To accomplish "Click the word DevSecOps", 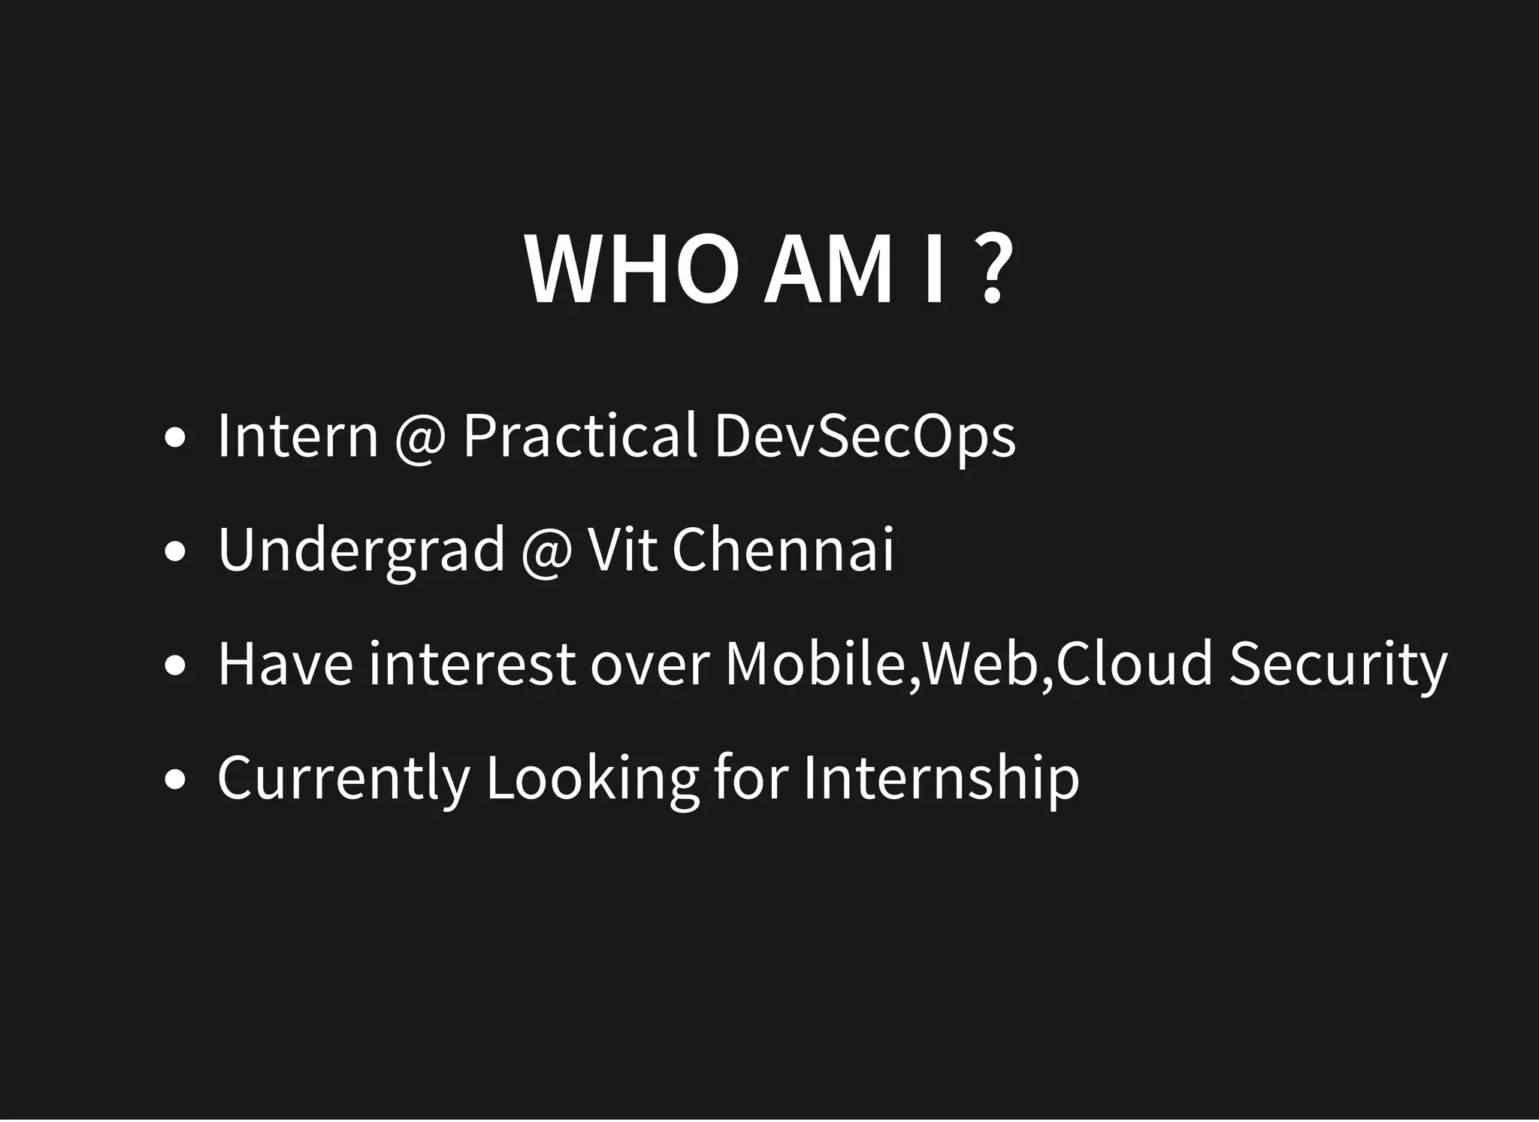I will pyautogui.click(x=865, y=437).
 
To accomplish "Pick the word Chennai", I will pyautogui.click(x=782, y=550).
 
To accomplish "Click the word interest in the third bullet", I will pyautogui.click(x=472, y=664).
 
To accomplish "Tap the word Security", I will pyautogui.click(x=1338, y=665).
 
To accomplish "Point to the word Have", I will pyautogui.click(x=285, y=664).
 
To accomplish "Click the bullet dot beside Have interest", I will pyautogui.click(x=174, y=667).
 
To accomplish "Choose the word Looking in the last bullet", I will pyautogui.click(x=592, y=780).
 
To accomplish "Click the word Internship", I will pyautogui.click(x=941, y=780).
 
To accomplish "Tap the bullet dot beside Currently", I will pyautogui.click(x=174, y=781).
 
